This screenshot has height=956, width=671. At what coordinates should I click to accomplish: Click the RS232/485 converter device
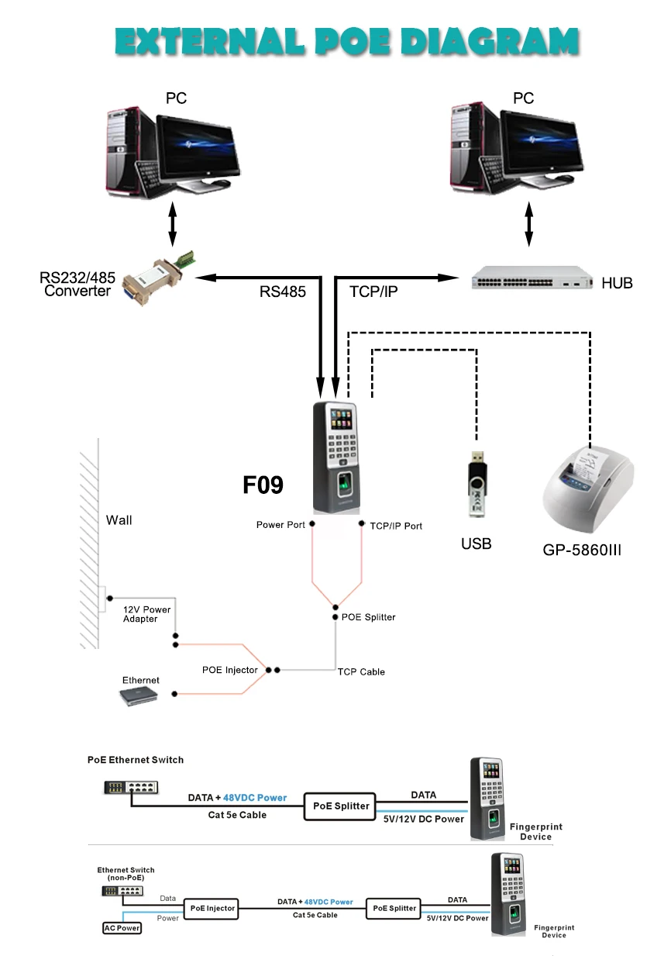159,277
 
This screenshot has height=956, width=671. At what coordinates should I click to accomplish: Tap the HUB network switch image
532,278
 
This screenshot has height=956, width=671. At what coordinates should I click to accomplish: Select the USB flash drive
477,484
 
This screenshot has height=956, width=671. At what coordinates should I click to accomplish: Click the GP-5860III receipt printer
588,489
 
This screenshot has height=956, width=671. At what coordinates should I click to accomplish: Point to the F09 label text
263,485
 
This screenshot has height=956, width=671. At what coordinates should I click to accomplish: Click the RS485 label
282,292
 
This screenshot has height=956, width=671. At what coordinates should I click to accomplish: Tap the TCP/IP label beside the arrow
373,292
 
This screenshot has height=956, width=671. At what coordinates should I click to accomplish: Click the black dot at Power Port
312,523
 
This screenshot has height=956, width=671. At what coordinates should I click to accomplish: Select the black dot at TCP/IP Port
361,523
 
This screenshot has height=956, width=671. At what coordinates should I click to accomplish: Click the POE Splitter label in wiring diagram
368,617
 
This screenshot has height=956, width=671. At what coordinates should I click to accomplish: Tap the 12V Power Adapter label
146,614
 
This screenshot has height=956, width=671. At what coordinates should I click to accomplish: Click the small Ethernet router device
139,696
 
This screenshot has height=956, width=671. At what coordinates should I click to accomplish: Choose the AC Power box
122,928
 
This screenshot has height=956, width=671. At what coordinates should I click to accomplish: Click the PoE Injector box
212,908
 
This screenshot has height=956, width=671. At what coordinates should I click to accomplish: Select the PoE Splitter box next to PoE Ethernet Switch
340,806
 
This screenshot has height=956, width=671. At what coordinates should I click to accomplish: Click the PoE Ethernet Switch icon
131,788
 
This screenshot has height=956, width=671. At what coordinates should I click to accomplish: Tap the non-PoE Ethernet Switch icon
122,891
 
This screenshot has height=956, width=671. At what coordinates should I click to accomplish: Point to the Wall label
119,520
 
